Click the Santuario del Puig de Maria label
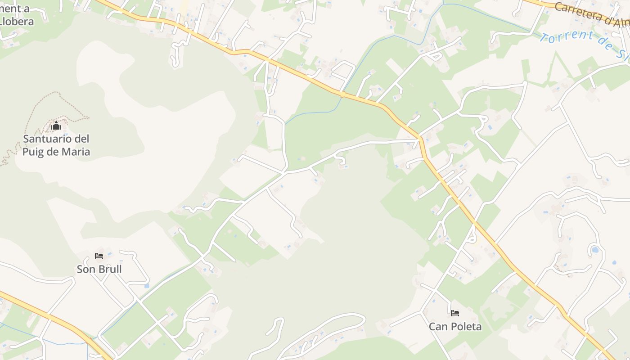point(56,145)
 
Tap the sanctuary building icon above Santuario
point(56,126)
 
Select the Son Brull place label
point(99,269)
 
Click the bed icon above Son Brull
point(99,256)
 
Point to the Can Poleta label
point(455,326)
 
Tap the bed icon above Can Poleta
point(455,313)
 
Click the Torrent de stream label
point(580,43)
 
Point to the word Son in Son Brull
point(85,269)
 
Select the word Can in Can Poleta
point(438,326)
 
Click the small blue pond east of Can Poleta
point(595,249)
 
